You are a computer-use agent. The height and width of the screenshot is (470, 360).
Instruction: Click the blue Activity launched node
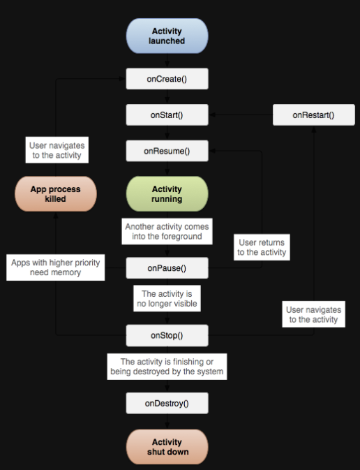pos(167,36)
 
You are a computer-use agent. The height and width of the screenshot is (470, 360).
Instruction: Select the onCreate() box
pos(167,79)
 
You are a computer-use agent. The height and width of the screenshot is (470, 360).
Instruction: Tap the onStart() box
pos(167,115)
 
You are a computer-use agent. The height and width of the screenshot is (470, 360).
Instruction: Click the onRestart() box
pos(313,115)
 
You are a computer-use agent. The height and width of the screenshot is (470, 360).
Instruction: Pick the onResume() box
pos(167,151)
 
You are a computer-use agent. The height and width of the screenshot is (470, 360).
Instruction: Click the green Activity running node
pos(167,193)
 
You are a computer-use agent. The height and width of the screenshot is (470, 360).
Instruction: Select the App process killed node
pos(55,193)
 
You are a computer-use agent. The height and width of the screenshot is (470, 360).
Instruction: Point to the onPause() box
pos(167,267)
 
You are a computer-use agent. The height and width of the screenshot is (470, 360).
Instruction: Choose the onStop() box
pos(167,335)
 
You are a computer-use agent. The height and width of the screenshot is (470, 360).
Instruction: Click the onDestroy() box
pos(167,403)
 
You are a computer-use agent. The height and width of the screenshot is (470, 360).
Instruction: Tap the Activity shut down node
pos(167,446)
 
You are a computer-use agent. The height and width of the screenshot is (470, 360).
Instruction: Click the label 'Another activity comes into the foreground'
pos(167,232)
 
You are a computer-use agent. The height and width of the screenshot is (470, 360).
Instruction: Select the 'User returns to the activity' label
pos(261,247)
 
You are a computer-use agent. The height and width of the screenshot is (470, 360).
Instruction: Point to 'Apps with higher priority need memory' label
pos(56,268)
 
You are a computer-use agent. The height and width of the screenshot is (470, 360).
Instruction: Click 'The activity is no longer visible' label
pos(167,299)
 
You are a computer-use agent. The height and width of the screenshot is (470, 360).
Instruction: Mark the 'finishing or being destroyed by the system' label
pos(167,367)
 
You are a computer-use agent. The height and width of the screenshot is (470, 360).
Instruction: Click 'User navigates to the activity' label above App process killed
pos(57,151)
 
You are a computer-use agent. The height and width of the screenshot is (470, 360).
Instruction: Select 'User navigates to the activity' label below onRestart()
pos(313,314)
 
